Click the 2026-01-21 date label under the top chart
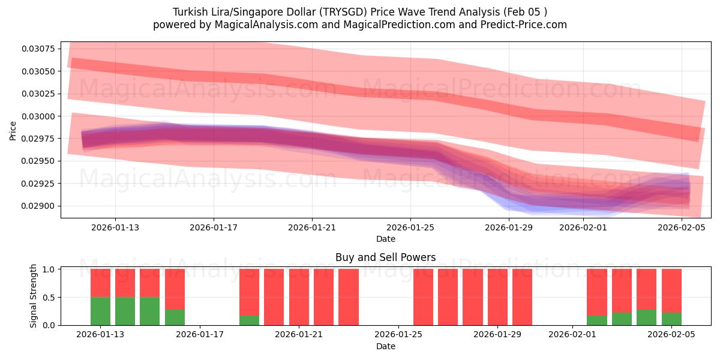pos(312,227)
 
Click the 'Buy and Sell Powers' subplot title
pos(385,257)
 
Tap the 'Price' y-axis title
pos(13,130)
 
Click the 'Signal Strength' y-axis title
pos(34,296)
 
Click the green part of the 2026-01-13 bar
pos(100,311)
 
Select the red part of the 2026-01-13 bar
pos(100,283)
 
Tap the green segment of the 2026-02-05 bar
pos(671,319)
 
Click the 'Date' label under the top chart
pos(385,239)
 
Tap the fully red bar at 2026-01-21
pos(299,297)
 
